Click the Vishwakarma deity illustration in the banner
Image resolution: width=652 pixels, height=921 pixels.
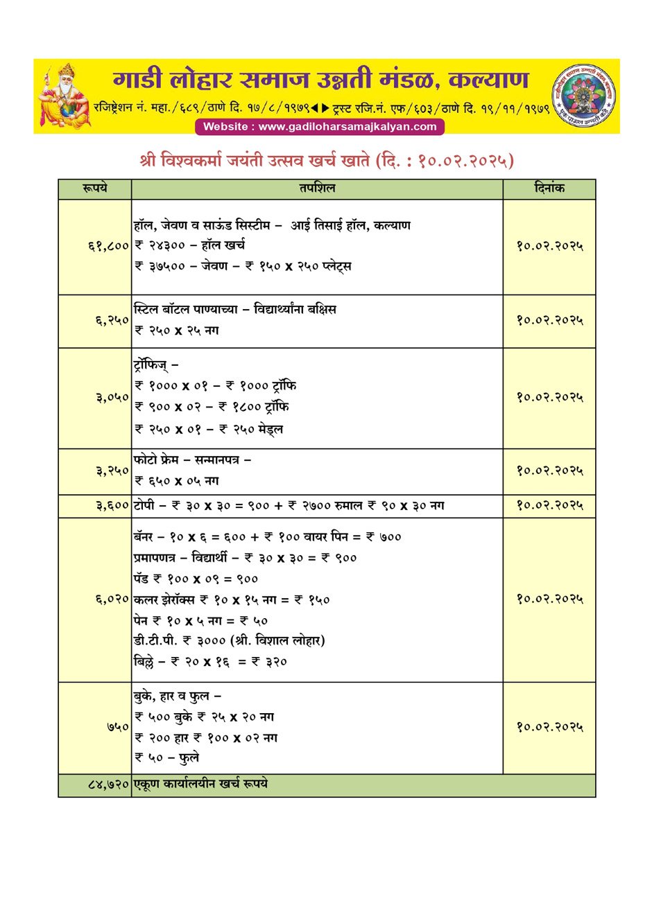tap(64, 96)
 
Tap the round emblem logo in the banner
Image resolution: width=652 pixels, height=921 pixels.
tap(584, 96)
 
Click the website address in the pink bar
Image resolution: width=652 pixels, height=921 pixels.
tap(320, 127)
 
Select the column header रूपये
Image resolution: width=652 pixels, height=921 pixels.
tap(95, 188)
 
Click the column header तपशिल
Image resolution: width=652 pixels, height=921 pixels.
tap(317, 188)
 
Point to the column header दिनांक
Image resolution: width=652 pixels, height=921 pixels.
tap(549, 188)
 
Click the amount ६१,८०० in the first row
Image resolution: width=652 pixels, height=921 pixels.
tap(109, 246)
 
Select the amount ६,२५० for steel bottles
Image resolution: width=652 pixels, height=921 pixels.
tap(112, 320)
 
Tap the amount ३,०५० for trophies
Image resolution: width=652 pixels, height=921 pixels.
tap(112, 397)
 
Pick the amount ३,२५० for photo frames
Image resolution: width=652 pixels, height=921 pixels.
tap(112, 471)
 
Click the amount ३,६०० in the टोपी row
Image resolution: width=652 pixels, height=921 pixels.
tap(112, 506)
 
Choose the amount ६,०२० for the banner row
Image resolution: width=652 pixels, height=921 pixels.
tap(112, 599)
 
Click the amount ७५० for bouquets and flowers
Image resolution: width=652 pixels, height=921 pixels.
tap(118, 727)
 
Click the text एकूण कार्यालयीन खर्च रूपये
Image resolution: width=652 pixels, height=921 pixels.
tap(200, 784)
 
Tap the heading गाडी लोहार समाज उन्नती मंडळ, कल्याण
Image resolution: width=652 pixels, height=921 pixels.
tap(320, 80)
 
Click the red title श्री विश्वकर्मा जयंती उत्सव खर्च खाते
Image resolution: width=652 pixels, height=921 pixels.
tap(327, 161)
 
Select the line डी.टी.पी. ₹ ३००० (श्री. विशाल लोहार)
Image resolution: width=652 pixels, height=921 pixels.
tap(229, 641)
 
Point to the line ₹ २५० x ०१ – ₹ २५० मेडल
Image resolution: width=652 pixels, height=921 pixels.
tap(209, 430)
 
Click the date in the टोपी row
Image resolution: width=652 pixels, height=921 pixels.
tap(549, 506)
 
